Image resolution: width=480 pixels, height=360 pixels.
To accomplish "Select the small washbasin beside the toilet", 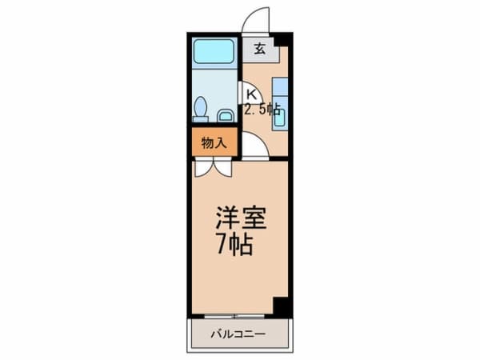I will pyautogui.click(x=225, y=115).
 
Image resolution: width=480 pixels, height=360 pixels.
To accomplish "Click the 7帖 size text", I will pyautogui.click(x=234, y=244).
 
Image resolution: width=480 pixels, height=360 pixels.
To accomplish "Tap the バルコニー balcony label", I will pyautogui.click(x=238, y=333).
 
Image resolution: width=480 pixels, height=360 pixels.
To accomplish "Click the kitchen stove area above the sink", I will pyautogui.click(x=280, y=89).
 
